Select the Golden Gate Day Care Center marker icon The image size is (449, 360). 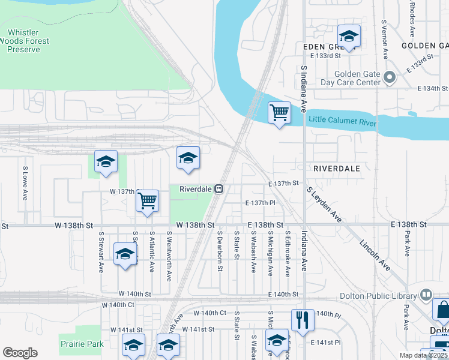[391, 77]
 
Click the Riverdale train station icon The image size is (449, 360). [220, 189]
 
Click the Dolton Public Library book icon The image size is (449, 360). [426, 295]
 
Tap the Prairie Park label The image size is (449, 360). [82, 344]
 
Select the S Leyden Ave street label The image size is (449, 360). [324, 206]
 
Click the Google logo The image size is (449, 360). [20, 353]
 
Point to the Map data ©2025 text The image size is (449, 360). [423, 355]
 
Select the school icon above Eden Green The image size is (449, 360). [348, 35]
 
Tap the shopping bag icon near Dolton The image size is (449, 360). [442, 310]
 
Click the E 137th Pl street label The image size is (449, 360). [260, 203]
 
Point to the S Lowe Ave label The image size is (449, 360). [25, 184]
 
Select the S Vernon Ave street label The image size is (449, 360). [384, 39]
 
